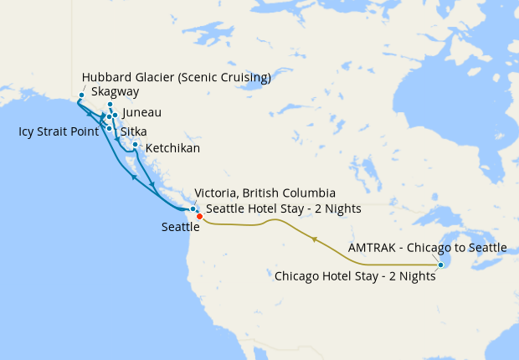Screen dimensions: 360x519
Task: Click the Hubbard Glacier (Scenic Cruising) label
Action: pos(177,78)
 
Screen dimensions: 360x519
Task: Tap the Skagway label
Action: pos(115,92)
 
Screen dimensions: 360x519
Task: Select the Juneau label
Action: pos(141,113)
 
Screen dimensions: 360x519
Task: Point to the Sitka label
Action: pos(134,131)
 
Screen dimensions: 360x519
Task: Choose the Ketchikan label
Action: pos(172,149)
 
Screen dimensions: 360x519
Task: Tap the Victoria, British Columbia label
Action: pos(265,193)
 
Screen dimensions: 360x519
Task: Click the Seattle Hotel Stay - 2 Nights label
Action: pos(284,208)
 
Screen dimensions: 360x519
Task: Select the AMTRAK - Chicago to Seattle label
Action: pos(427,248)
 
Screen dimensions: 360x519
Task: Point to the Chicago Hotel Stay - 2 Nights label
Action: pos(355,275)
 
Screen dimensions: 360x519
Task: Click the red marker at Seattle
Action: pos(199,217)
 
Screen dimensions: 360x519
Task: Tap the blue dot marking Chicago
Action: pos(440,265)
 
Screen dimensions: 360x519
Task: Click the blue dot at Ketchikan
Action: pos(135,144)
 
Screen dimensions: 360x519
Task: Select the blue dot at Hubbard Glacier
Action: pos(81,95)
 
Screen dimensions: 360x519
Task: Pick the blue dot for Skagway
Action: pos(110,105)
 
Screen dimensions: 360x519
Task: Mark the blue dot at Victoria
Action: pos(193,208)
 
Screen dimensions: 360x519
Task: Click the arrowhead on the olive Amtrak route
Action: pos(315,239)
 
